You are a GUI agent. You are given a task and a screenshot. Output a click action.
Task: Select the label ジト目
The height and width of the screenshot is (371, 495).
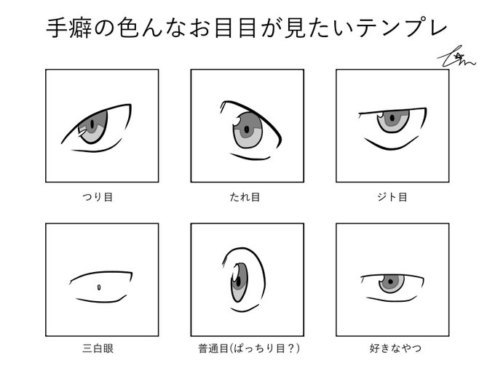click(x=392, y=196)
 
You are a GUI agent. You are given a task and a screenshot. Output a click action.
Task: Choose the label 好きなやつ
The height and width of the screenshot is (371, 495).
click(x=392, y=348)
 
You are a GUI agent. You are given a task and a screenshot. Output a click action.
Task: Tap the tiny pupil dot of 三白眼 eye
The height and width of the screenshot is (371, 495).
click(x=98, y=287)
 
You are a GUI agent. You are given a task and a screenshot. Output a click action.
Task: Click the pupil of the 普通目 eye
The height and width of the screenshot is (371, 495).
click(x=237, y=278)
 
